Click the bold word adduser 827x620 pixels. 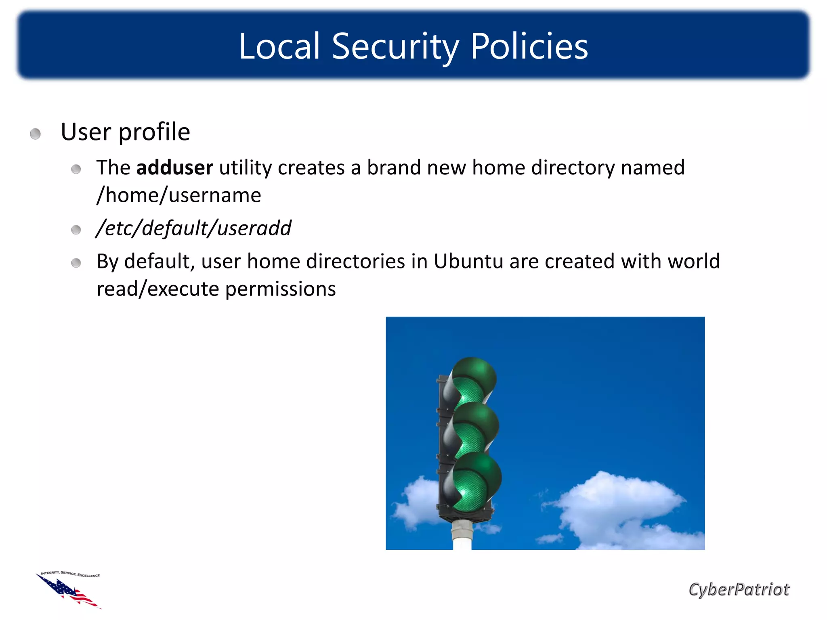(x=174, y=168)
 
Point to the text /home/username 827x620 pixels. (x=179, y=195)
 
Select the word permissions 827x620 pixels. (x=280, y=289)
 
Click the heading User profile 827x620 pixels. (x=125, y=132)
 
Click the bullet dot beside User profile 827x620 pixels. (x=36, y=134)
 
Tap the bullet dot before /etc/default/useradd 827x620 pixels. (x=76, y=230)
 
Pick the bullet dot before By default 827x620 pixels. (x=76, y=263)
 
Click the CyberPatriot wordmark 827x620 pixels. (x=739, y=589)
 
